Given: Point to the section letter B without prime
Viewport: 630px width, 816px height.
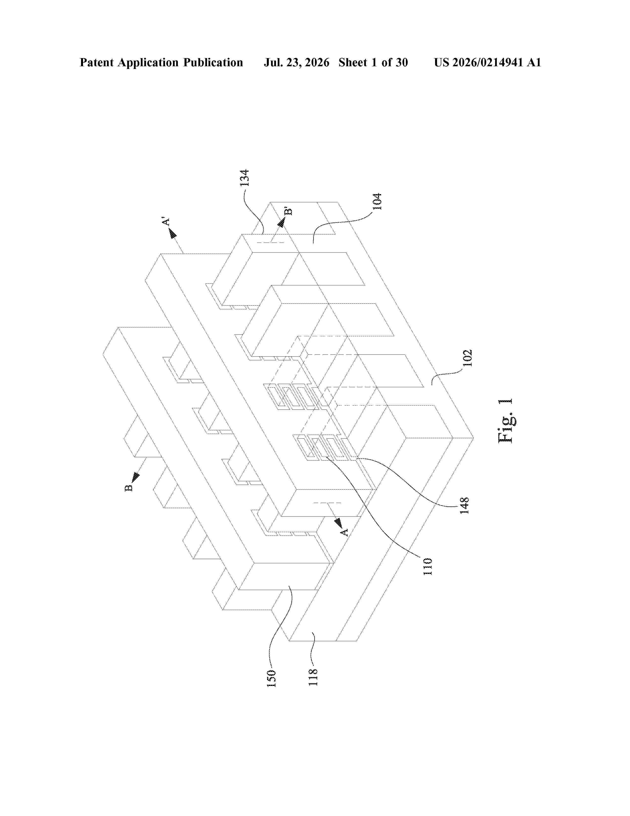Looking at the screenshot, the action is tap(128, 488).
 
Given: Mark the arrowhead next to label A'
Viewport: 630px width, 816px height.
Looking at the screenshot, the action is tap(172, 234).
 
